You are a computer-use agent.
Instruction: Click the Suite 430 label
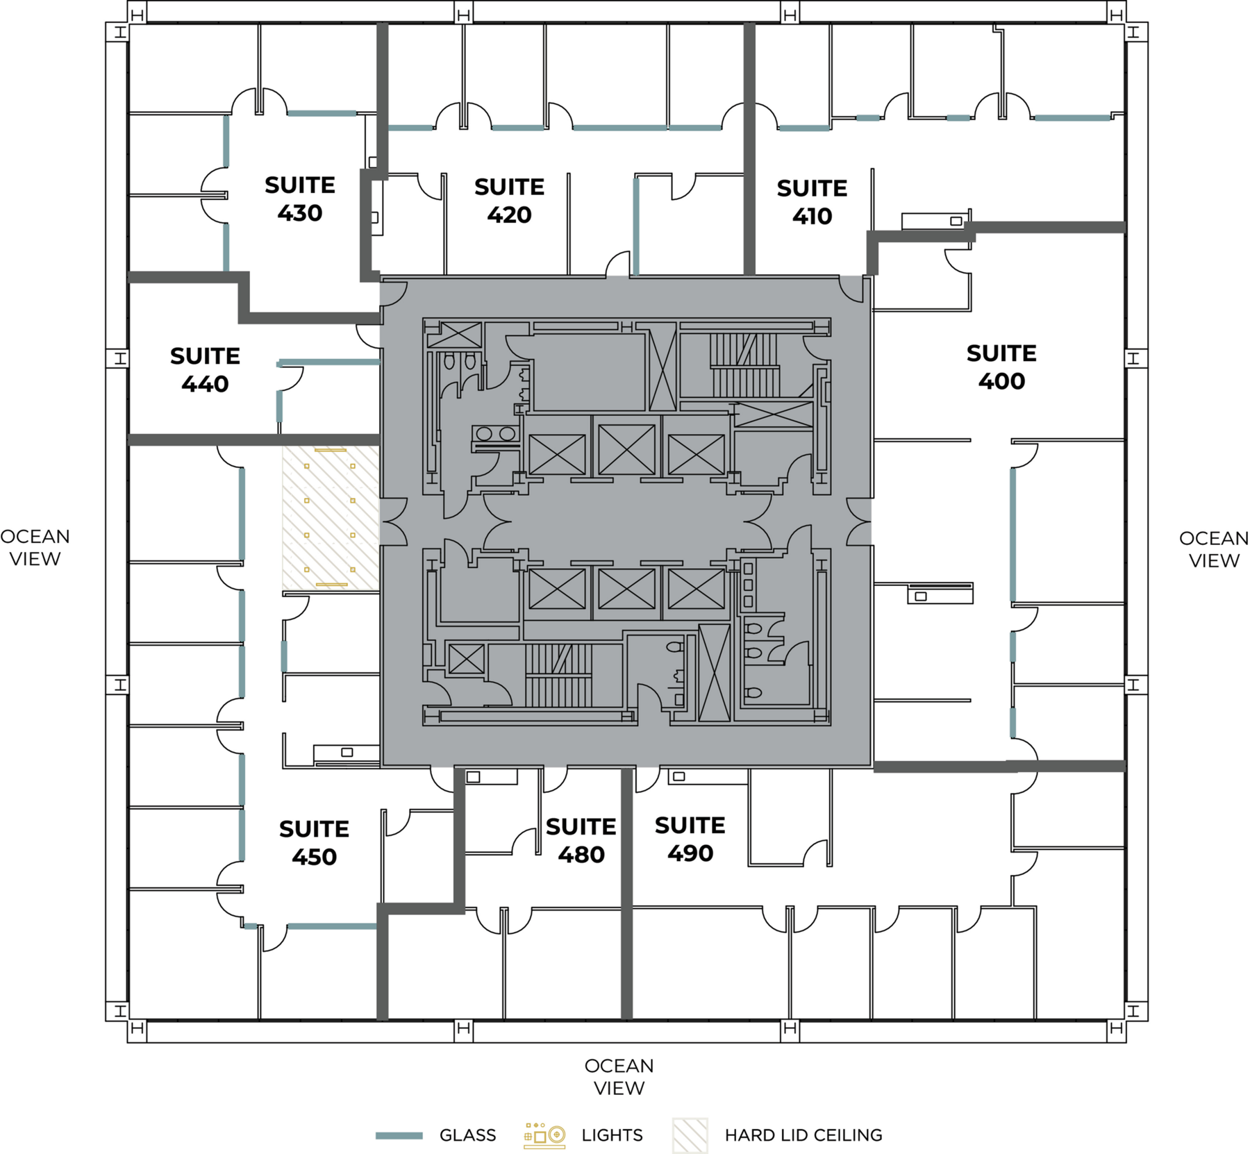click(x=300, y=199)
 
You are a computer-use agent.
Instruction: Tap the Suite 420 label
click(x=509, y=201)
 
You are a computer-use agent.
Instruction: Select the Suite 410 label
click(x=812, y=202)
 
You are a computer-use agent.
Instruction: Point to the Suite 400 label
click(x=1001, y=367)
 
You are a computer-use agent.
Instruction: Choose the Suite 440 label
click(x=205, y=369)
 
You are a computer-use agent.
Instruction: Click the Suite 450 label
click(x=314, y=842)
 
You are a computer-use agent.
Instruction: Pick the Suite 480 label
click(x=581, y=840)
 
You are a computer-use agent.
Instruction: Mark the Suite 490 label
click(x=690, y=839)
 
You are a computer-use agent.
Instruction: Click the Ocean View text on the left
click(x=35, y=547)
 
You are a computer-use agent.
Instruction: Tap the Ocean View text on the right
click(x=1214, y=549)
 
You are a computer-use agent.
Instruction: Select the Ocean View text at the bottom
click(x=619, y=1076)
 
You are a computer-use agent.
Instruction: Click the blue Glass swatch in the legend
click(x=399, y=1135)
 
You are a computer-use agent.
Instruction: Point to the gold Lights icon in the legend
click(x=544, y=1135)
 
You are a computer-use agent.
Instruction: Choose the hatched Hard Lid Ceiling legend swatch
click(x=690, y=1135)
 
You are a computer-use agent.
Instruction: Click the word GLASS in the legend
click(x=467, y=1135)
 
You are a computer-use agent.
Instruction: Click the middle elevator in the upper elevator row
click(x=626, y=449)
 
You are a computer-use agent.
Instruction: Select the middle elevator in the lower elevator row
click(x=626, y=589)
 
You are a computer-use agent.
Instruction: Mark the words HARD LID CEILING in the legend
click(x=803, y=1135)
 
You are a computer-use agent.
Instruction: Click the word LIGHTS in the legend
click(x=612, y=1135)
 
